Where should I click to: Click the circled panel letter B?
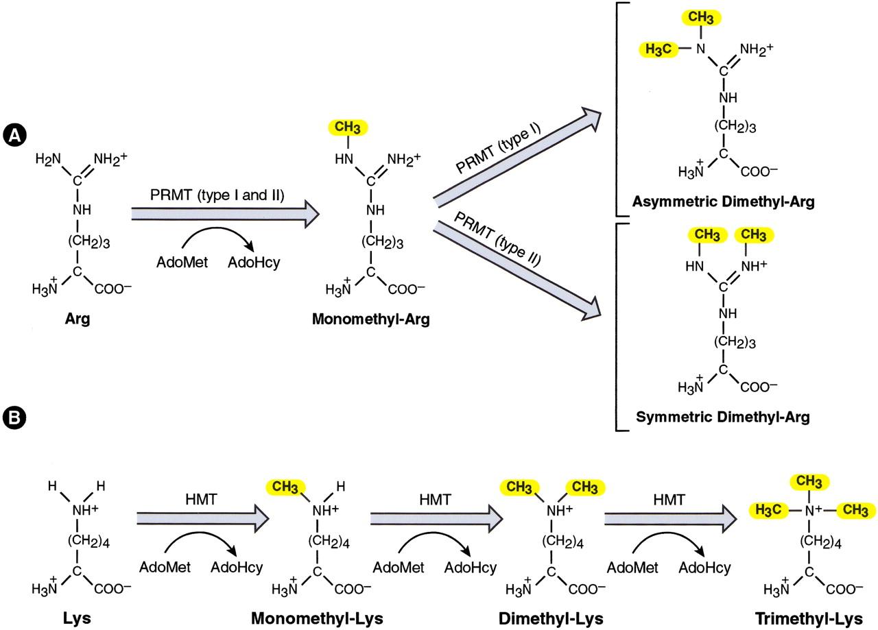point(14,417)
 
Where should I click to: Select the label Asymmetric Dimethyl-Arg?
point(724,203)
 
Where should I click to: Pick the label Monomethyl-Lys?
point(317,618)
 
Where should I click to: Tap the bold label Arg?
point(77,320)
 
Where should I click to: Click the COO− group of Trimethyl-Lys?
point(839,587)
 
